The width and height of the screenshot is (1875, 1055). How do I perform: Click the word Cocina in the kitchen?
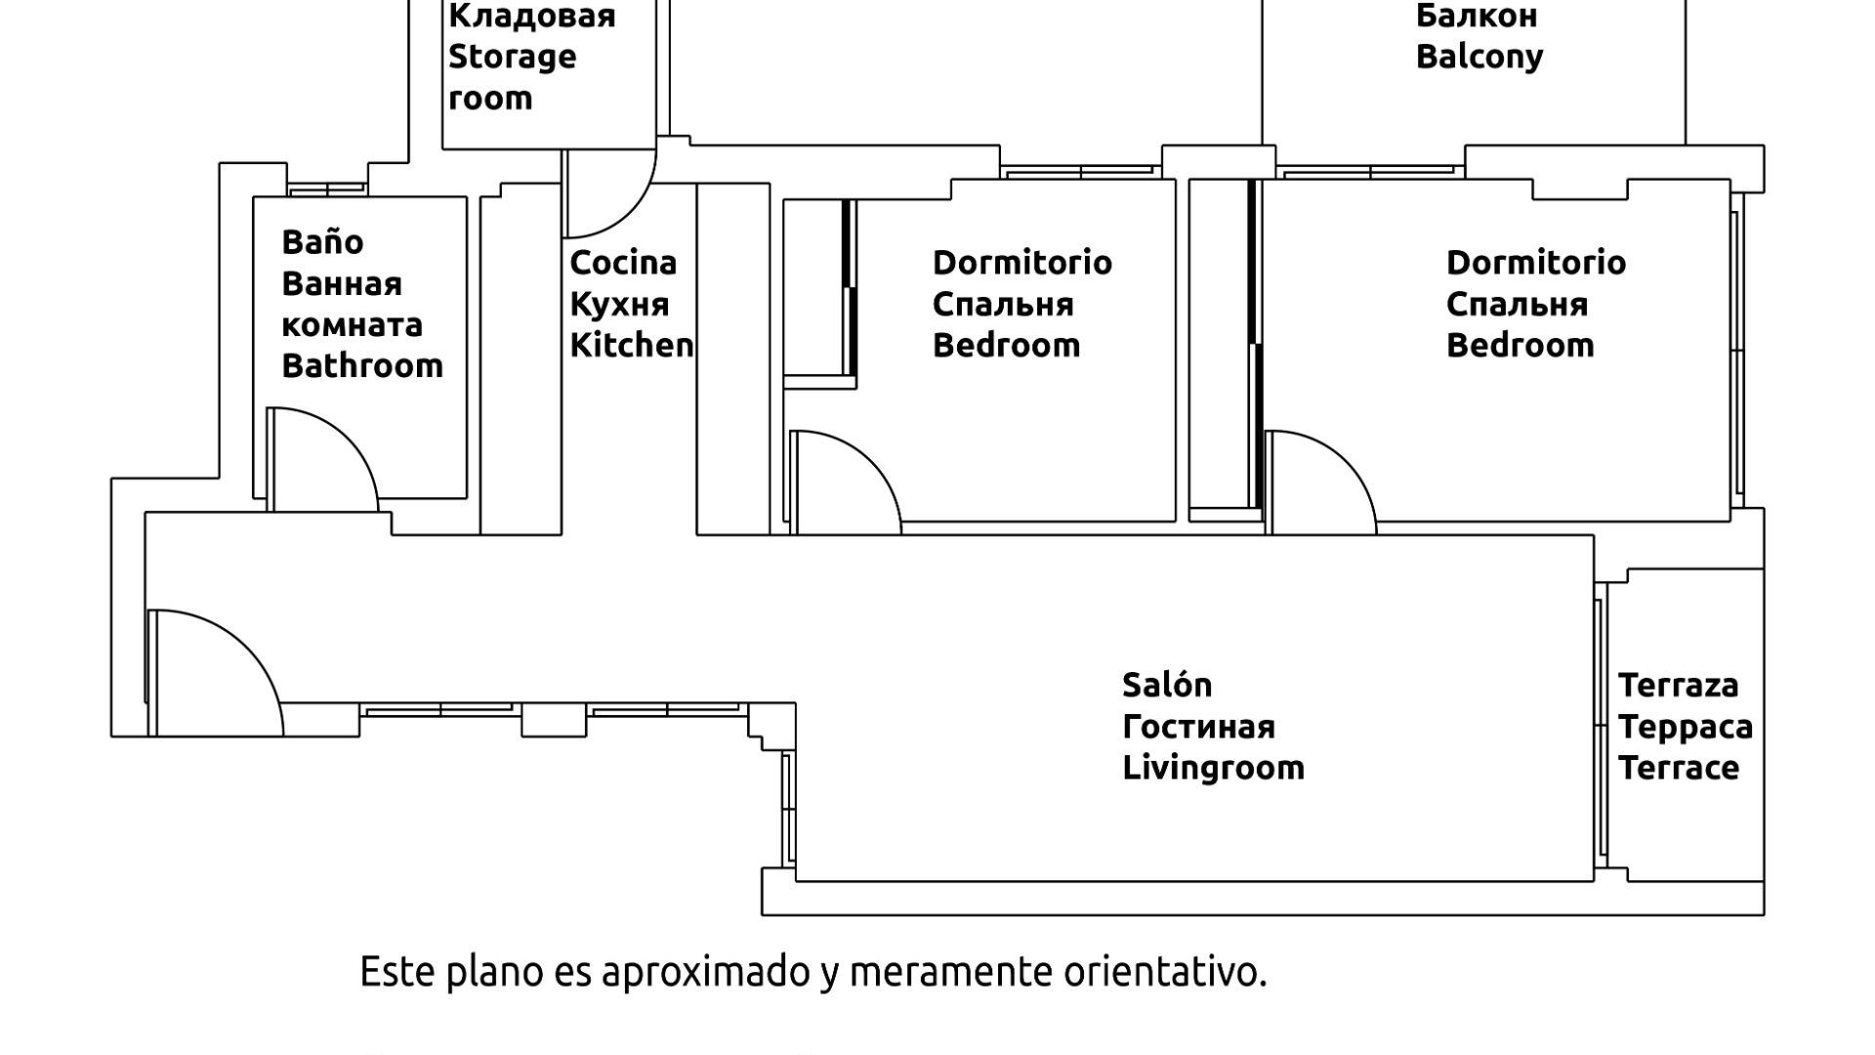pyautogui.click(x=623, y=263)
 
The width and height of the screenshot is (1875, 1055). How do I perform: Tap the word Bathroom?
pyautogui.click(x=362, y=366)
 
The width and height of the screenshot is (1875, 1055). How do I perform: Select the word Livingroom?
pyautogui.click(x=1213, y=768)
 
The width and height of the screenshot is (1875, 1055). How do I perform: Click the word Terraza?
pyautogui.click(x=1678, y=686)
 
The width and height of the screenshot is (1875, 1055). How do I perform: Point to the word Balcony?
pyautogui.click(x=1479, y=57)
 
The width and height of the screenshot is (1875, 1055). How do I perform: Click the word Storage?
pyautogui.click(x=512, y=57)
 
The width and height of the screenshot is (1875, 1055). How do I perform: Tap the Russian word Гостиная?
pyautogui.click(x=1198, y=727)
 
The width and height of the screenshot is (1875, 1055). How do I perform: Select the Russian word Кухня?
pyautogui.click(x=619, y=305)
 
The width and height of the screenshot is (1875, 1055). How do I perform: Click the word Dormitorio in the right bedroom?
pyautogui.click(x=1535, y=263)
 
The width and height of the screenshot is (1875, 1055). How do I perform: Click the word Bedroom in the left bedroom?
pyautogui.click(x=1006, y=346)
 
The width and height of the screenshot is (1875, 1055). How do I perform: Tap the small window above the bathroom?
pyautogui.click(x=327, y=189)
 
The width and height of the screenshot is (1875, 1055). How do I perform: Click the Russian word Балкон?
pyautogui.click(x=1476, y=16)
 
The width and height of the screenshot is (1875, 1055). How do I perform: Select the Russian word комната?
pyautogui.click(x=352, y=325)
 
